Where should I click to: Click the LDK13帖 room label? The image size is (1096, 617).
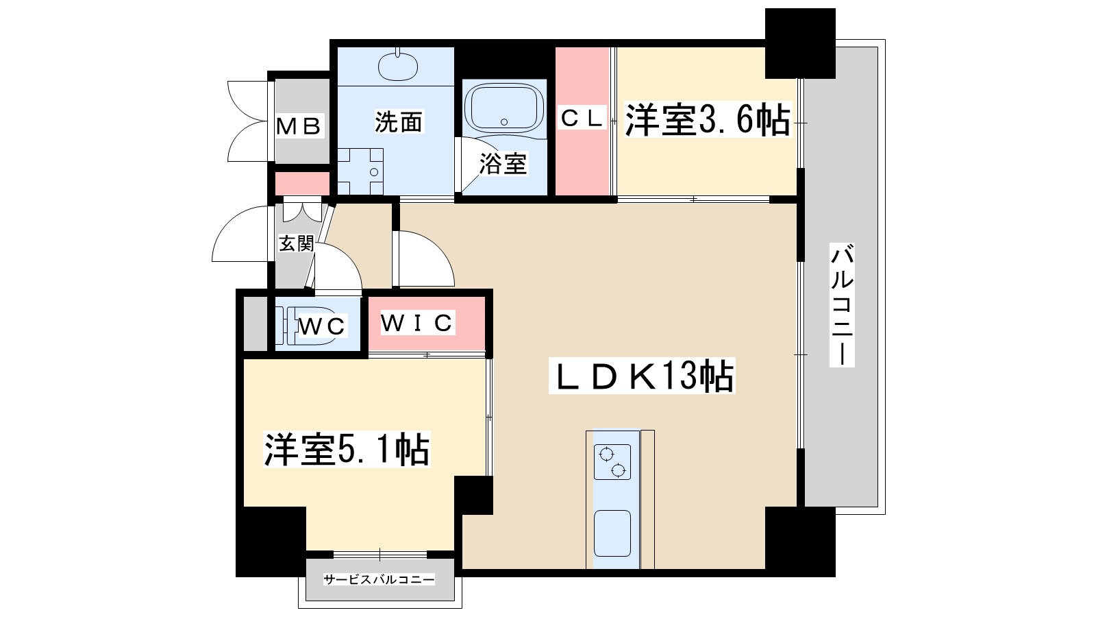point(642,376)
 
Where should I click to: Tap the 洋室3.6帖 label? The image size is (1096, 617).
point(707,121)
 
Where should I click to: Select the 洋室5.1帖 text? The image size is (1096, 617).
point(347,450)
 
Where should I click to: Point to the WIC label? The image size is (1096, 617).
point(417,322)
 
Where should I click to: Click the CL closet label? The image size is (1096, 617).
point(582,118)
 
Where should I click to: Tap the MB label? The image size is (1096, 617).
point(299,126)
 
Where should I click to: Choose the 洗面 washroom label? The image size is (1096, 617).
point(398,122)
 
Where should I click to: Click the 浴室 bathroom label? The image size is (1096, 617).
point(503,163)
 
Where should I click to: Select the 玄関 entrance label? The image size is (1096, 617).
point(296,243)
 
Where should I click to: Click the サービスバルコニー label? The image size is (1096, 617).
point(379,579)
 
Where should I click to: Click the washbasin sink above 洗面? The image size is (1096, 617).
point(397,66)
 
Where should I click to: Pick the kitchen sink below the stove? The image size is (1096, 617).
point(612,533)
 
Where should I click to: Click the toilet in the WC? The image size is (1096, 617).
point(290,323)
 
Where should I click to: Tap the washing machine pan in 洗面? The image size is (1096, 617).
point(360,171)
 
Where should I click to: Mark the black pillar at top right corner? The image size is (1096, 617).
point(799,43)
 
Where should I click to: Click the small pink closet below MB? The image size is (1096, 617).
point(302,184)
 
